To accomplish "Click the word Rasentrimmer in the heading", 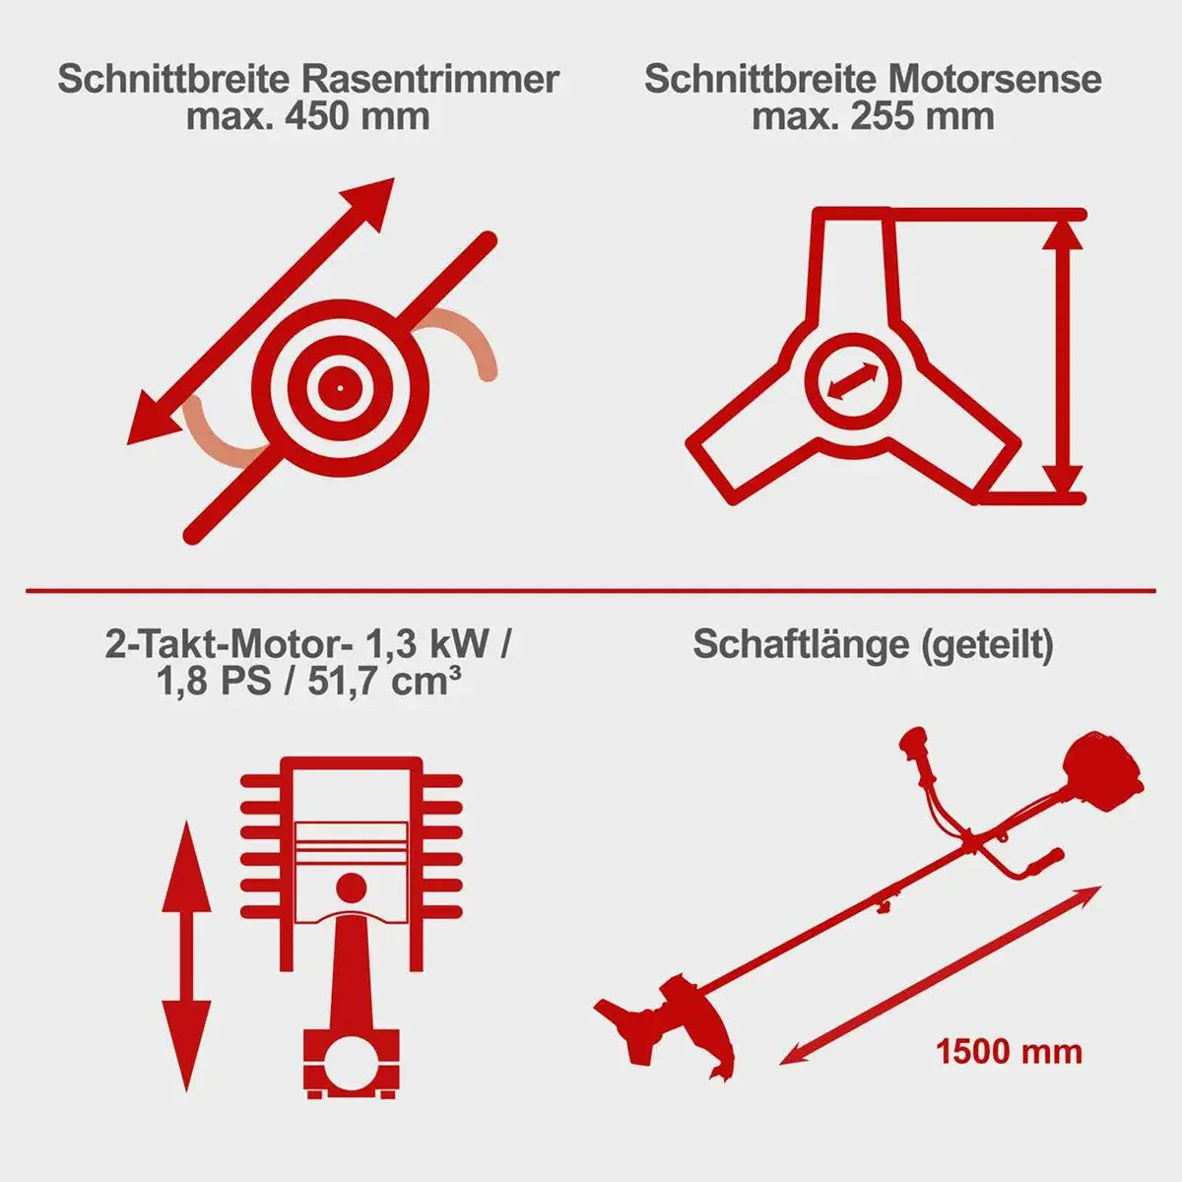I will click(430, 79).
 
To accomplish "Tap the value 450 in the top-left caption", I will click(318, 117).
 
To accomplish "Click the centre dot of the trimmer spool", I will click(340, 388).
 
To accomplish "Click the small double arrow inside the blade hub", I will click(853, 381).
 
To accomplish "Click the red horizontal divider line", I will click(591, 591).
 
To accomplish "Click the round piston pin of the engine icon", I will click(349, 887).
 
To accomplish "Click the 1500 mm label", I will click(1009, 1051).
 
